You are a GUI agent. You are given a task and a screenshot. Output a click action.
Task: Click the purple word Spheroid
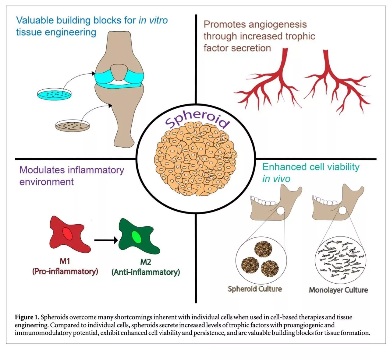pos(197,119)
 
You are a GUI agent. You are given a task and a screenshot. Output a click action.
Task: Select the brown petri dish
pos(73,125)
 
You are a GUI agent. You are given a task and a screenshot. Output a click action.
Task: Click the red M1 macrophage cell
pos(68,234)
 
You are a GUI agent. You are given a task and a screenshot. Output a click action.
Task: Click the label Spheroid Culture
pos(255,289)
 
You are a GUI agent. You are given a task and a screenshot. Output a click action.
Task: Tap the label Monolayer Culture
pos(338,290)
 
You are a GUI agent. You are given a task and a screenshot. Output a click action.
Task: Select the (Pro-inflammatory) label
pos(65,271)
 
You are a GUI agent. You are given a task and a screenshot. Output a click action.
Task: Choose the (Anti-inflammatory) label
pos(146,272)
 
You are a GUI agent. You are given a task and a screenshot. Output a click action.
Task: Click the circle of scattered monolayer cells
pos(340,260)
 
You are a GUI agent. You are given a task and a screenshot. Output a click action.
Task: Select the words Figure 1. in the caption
pos(27,317)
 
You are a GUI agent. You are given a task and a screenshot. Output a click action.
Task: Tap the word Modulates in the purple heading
pos(42,170)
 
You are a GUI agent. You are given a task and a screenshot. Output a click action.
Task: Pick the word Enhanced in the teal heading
pos(284,167)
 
